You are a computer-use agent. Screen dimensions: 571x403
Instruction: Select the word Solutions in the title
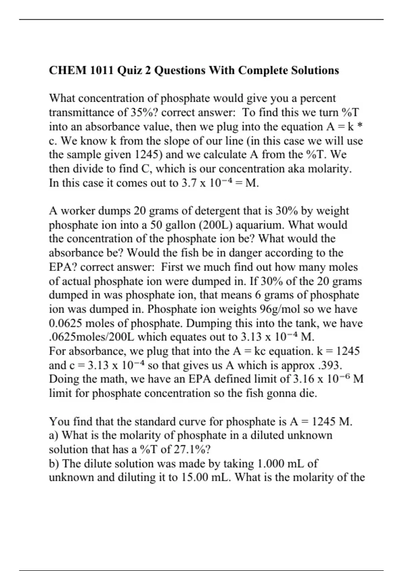pyautogui.click(x=315, y=71)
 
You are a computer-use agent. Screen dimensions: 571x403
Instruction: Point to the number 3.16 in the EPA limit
pyautogui.click(x=304, y=379)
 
